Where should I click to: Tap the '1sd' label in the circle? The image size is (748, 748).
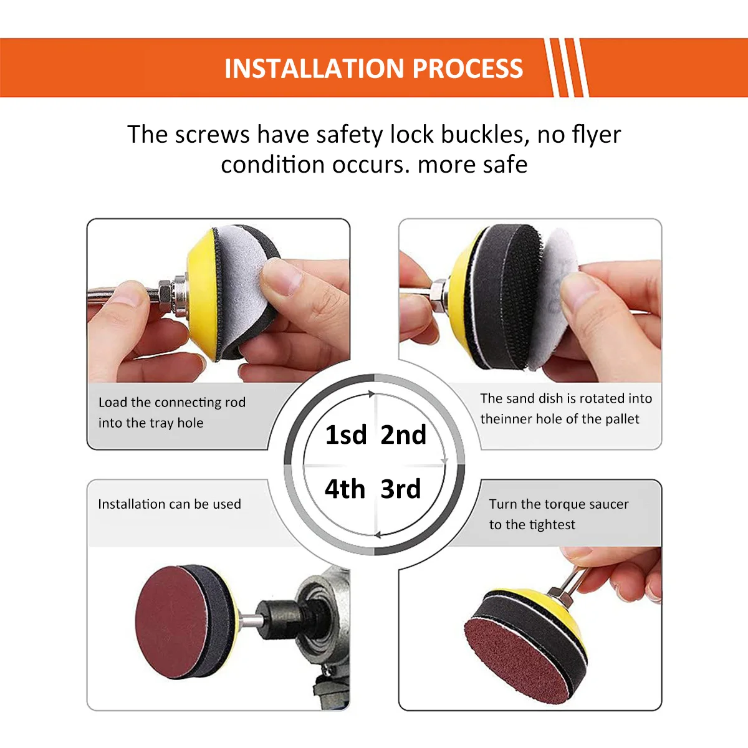tap(346, 435)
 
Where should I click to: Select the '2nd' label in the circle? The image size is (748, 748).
tap(403, 435)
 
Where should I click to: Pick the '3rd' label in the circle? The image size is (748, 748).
tap(401, 489)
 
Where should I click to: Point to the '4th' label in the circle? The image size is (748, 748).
tap(345, 489)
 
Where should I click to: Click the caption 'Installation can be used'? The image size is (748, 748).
tap(169, 504)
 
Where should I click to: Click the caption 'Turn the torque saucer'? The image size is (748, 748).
tap(559, 504)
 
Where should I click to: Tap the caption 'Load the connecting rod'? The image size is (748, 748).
tap(172, 403)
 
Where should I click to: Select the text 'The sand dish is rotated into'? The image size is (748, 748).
tap(566, 398)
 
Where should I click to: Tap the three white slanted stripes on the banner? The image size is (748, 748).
tap(566, 68)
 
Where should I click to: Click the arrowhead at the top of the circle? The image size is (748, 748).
tap(372, 394)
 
